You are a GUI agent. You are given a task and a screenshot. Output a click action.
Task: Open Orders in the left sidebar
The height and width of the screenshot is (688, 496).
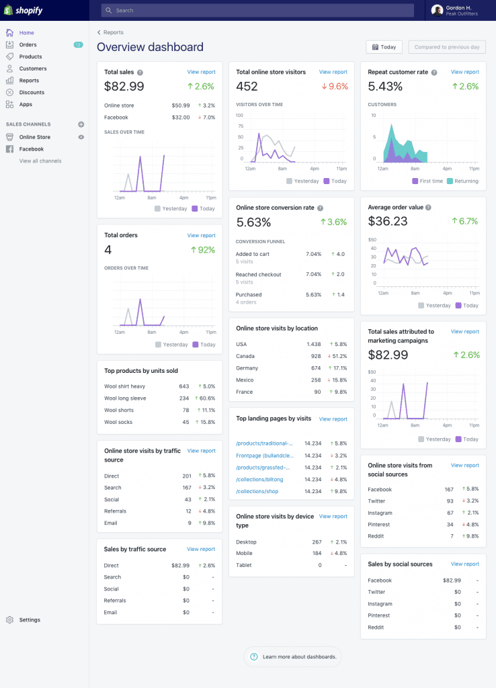click(28, 44)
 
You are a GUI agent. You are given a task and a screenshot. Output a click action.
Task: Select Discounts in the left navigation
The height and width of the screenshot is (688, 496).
click(32, 92)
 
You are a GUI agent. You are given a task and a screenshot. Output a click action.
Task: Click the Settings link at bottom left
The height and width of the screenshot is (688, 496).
click(30, 619)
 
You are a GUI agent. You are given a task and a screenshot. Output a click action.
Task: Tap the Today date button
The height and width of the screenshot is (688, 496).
click(384, 47)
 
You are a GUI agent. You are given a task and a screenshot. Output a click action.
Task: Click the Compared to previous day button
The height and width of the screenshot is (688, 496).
click(447, 47)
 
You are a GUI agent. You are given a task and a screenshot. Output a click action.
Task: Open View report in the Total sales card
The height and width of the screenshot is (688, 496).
click(201, 72)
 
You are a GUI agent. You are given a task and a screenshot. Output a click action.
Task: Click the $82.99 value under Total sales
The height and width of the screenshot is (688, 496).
click(124, 87)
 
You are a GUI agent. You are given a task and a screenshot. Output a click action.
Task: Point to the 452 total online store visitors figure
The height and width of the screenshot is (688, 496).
click(247, 87)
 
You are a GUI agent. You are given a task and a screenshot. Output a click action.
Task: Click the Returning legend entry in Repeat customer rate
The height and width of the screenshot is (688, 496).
click(466, 181)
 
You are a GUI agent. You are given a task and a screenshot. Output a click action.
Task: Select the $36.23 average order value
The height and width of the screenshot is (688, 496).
click(388, 221)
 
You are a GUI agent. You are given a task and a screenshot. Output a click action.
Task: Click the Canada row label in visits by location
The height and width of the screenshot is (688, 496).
click(245, 355)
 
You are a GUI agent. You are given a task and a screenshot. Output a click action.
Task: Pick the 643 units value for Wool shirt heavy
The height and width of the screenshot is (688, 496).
click(183, 386)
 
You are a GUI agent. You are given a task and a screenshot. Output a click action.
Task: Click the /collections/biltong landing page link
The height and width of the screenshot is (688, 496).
click(259, 479)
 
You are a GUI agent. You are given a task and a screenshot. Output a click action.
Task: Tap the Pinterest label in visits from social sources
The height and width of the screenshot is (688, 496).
click(380, 524)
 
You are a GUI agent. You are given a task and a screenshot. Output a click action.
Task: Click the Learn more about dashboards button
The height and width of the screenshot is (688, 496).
click(293, 656)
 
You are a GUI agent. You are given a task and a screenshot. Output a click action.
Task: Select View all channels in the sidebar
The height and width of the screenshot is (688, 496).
click(40, 161)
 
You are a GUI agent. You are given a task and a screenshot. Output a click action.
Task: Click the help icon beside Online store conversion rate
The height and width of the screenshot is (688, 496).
click(320, 208)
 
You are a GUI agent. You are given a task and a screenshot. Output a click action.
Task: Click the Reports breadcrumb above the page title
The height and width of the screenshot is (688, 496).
click(113, 32)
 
